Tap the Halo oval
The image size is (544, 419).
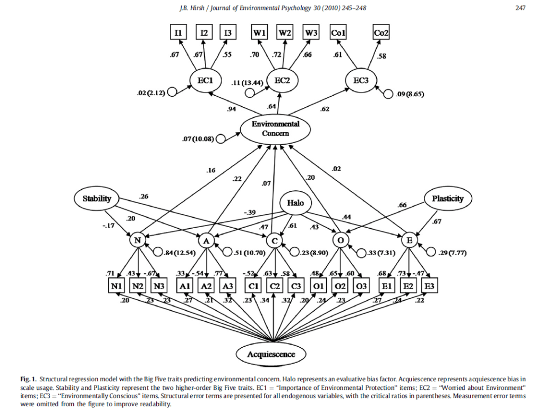click(296, 203)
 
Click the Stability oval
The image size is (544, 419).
click(97, 198)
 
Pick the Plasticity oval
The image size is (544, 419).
click(448, 198)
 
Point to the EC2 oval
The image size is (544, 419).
click(282, 80)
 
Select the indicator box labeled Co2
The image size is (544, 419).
click(382, 32)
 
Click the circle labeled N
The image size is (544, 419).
click(137, 240)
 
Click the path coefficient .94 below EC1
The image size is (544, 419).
click(232, 109)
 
